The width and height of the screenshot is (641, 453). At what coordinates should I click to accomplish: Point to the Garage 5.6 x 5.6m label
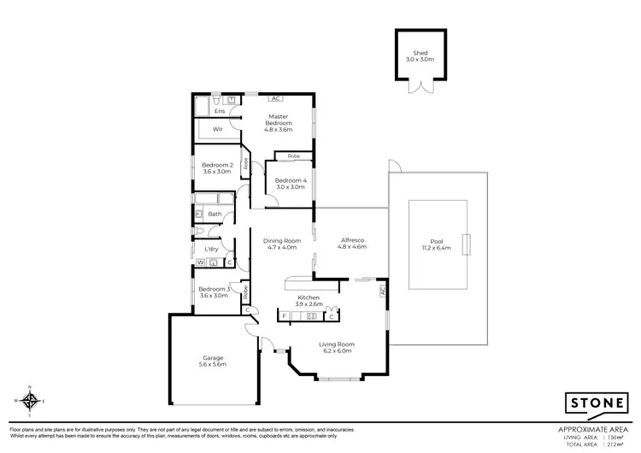pos(214,361)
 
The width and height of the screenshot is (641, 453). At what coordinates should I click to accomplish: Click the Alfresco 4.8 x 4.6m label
pos(352,244)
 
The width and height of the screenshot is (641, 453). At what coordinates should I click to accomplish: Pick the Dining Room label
pos(279,244)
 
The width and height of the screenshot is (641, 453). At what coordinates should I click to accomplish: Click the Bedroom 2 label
pos(217,168)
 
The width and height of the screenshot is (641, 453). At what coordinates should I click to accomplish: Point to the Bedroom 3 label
pos(214,292)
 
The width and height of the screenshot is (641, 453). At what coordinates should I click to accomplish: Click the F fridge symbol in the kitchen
pos(284,315)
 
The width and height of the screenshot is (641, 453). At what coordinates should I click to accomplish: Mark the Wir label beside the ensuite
pos(217,129)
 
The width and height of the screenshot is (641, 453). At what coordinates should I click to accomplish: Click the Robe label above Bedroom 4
pos(293,156)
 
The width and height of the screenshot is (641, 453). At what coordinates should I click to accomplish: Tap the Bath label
pos(215,214)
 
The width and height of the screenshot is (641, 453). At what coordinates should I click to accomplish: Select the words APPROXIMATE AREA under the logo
pos(594,428)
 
